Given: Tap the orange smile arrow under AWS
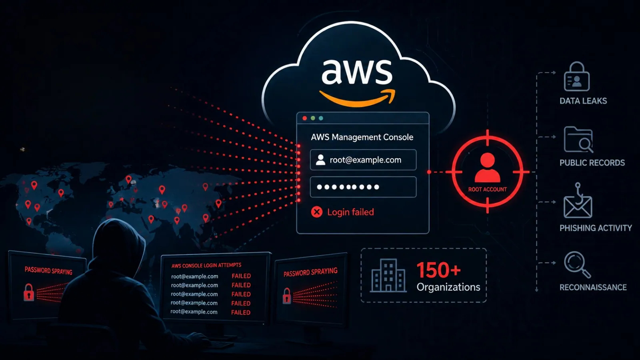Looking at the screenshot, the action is [357, 98].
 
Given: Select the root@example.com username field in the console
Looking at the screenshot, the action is [363, 160].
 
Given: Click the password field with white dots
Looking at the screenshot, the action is [363, 187].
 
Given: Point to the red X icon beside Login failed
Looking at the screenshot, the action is [316, 212].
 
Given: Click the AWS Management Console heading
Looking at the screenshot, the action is [362, 137].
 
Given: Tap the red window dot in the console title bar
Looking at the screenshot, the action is [304, 118].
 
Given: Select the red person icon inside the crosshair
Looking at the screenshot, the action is [488, 168].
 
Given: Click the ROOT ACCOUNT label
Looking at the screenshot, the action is [488, 190].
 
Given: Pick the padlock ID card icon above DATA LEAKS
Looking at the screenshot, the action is [577, 76].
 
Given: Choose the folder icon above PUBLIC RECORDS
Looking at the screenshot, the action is [578, 140].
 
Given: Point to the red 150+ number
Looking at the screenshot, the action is [438, 270].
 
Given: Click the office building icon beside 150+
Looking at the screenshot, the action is [388, 276].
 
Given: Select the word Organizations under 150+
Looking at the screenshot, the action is [448, 287].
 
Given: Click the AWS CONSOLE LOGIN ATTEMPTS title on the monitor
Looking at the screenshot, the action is [206, 266].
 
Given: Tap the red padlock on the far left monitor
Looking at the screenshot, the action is [28, 292].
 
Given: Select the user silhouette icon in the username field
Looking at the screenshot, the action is [320, 160].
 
